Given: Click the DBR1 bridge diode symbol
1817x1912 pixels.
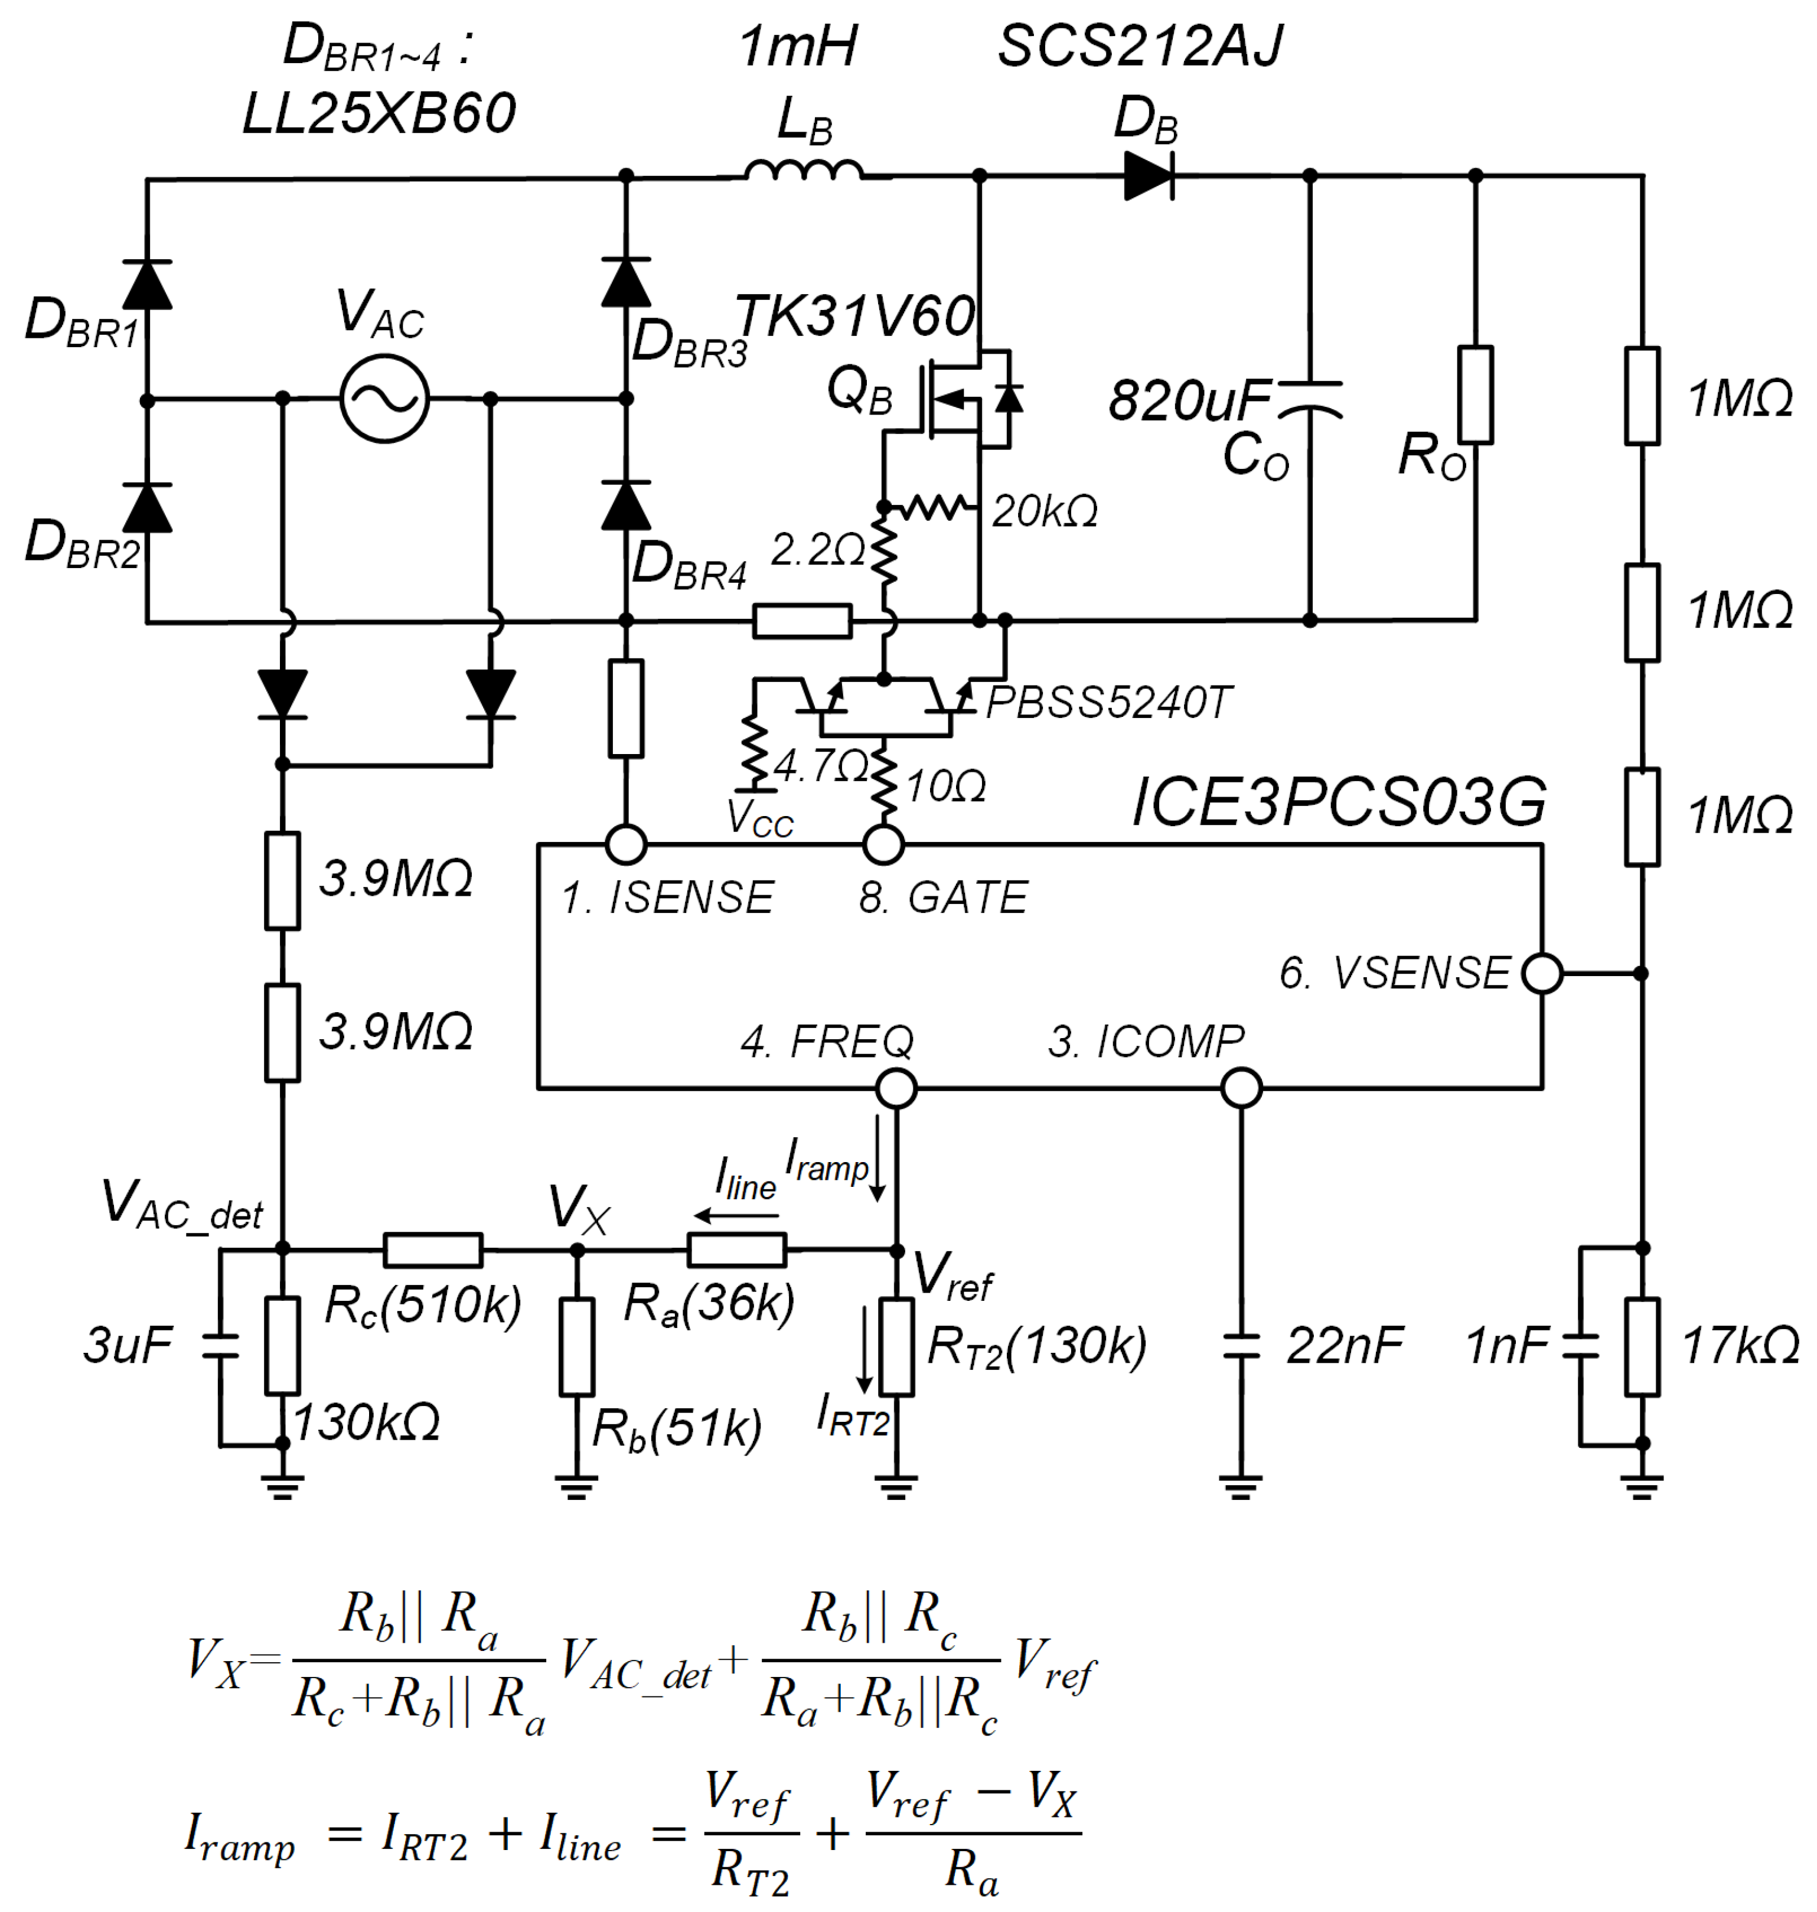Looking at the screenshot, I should pyautogui.click(x=147, y=285).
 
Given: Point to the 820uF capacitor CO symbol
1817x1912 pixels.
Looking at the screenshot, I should pyautogui.click(x=1310, y=399).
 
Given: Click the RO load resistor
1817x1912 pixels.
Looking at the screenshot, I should pyautogui.click(x=1475, y=395).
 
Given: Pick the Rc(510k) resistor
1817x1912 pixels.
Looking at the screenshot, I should pyautogui.click(x=433, y=1249).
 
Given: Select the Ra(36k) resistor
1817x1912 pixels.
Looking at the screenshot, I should pyautogui.click(x=736, y=1249).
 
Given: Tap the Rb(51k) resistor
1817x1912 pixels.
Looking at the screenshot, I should pyautogui.click(x=578, y=1346).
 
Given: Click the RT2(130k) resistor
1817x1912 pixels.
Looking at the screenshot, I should pyautogui.click(x=897, y=1346).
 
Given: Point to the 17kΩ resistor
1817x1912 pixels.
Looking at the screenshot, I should pyautogui.click(x=1642, y=1346).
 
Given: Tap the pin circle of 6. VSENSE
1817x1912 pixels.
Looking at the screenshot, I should pyautogui.click(x=1542, y=973).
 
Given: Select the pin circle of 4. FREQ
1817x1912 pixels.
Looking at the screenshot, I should pyautogui.click(x=896, y=1088).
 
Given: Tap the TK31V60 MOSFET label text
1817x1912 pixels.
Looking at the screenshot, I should pyautogui.click(x=854, y=316).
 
